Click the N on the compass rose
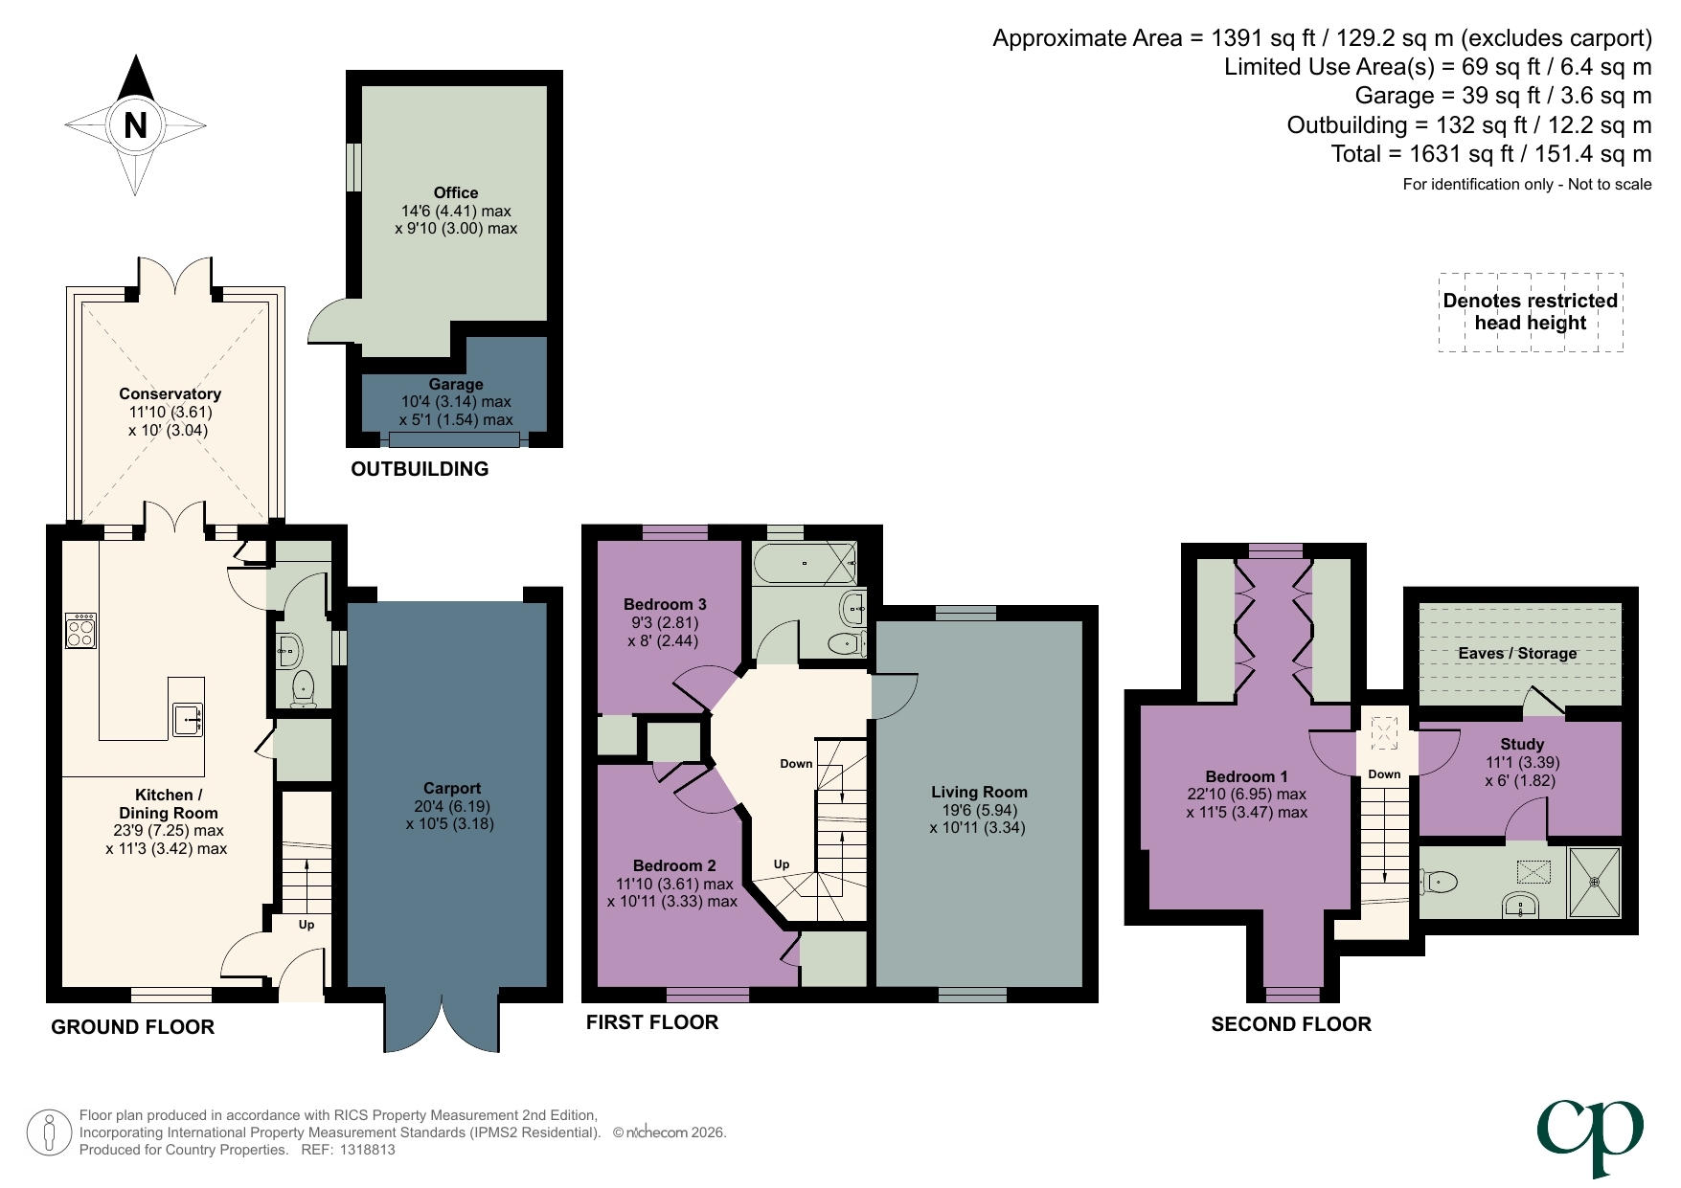pos(135,125)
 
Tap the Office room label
pos(456,192)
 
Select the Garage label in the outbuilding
pos(456,384)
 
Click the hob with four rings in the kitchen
pos(80,631)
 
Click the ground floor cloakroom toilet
pos(303,687)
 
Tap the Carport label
pos(451,788)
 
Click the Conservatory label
pos(170,393)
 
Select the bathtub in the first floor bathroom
pos(804,563)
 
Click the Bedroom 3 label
pos(665,604)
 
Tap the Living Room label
pos(979,792)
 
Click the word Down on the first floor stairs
pos(796,763)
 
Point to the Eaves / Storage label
pos(1517,653)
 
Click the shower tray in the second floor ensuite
pos(1595,882)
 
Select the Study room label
pos(1522,744)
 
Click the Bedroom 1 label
pos(1246,776)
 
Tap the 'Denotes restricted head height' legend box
pos(1530,312)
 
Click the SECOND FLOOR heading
pos(1290,1024)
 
